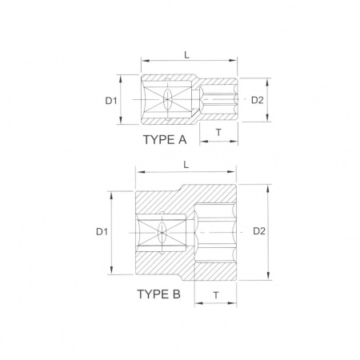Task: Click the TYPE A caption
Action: pyautogui.click(x=165, y=139)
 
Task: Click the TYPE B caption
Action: pyautogui.click(x=159, y=294)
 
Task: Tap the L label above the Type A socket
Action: pyautogui.click(x=186, y=55)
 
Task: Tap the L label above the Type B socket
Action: pyautogui.click(x=186, y=165)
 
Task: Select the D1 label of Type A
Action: pyautogui.click(x=111, y=101)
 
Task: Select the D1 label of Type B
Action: pyautogui.click(x=102, y=232)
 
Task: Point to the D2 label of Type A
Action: pyautogui.click(x=258, y=100)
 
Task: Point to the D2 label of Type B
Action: pyautogui.click(x=259, y=231)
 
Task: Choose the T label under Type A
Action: pyautogui.click(x=218, y=132)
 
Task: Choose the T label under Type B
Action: pyautogui.click(x=216, y=295)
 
